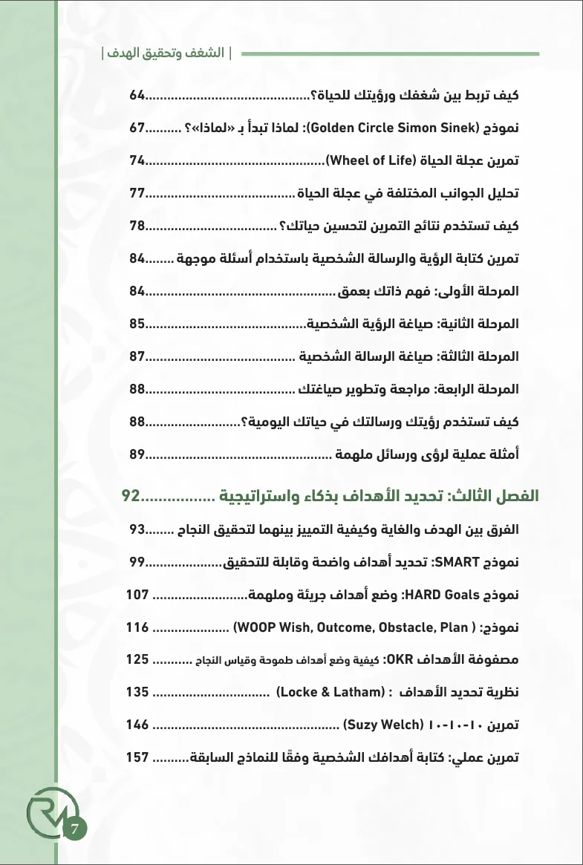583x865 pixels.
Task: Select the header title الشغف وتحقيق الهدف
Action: tap(166, 54)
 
